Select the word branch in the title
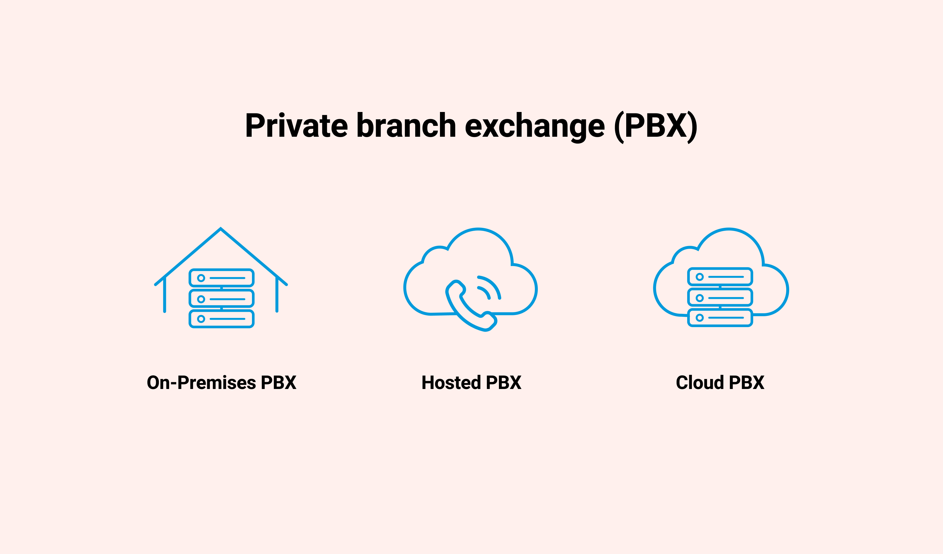tap(406, 125)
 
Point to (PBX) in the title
tap(656, 126)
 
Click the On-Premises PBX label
tap(222, 382)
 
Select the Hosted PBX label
tap(471, 382)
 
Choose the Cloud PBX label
tap(720, 382)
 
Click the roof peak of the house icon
tap(221, 229)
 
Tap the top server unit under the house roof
tap(222, 278)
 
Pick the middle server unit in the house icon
tap(222, 299)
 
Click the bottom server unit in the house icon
tap(222, 319)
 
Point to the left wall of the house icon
tap(165, 295)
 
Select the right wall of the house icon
tap(277, 295)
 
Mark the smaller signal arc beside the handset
tap(485, 292)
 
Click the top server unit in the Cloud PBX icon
tap(720, 277)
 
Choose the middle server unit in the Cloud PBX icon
tap(720, 298)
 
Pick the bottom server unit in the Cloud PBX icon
tap(720, 318)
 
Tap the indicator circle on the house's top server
tap(201, 278)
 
